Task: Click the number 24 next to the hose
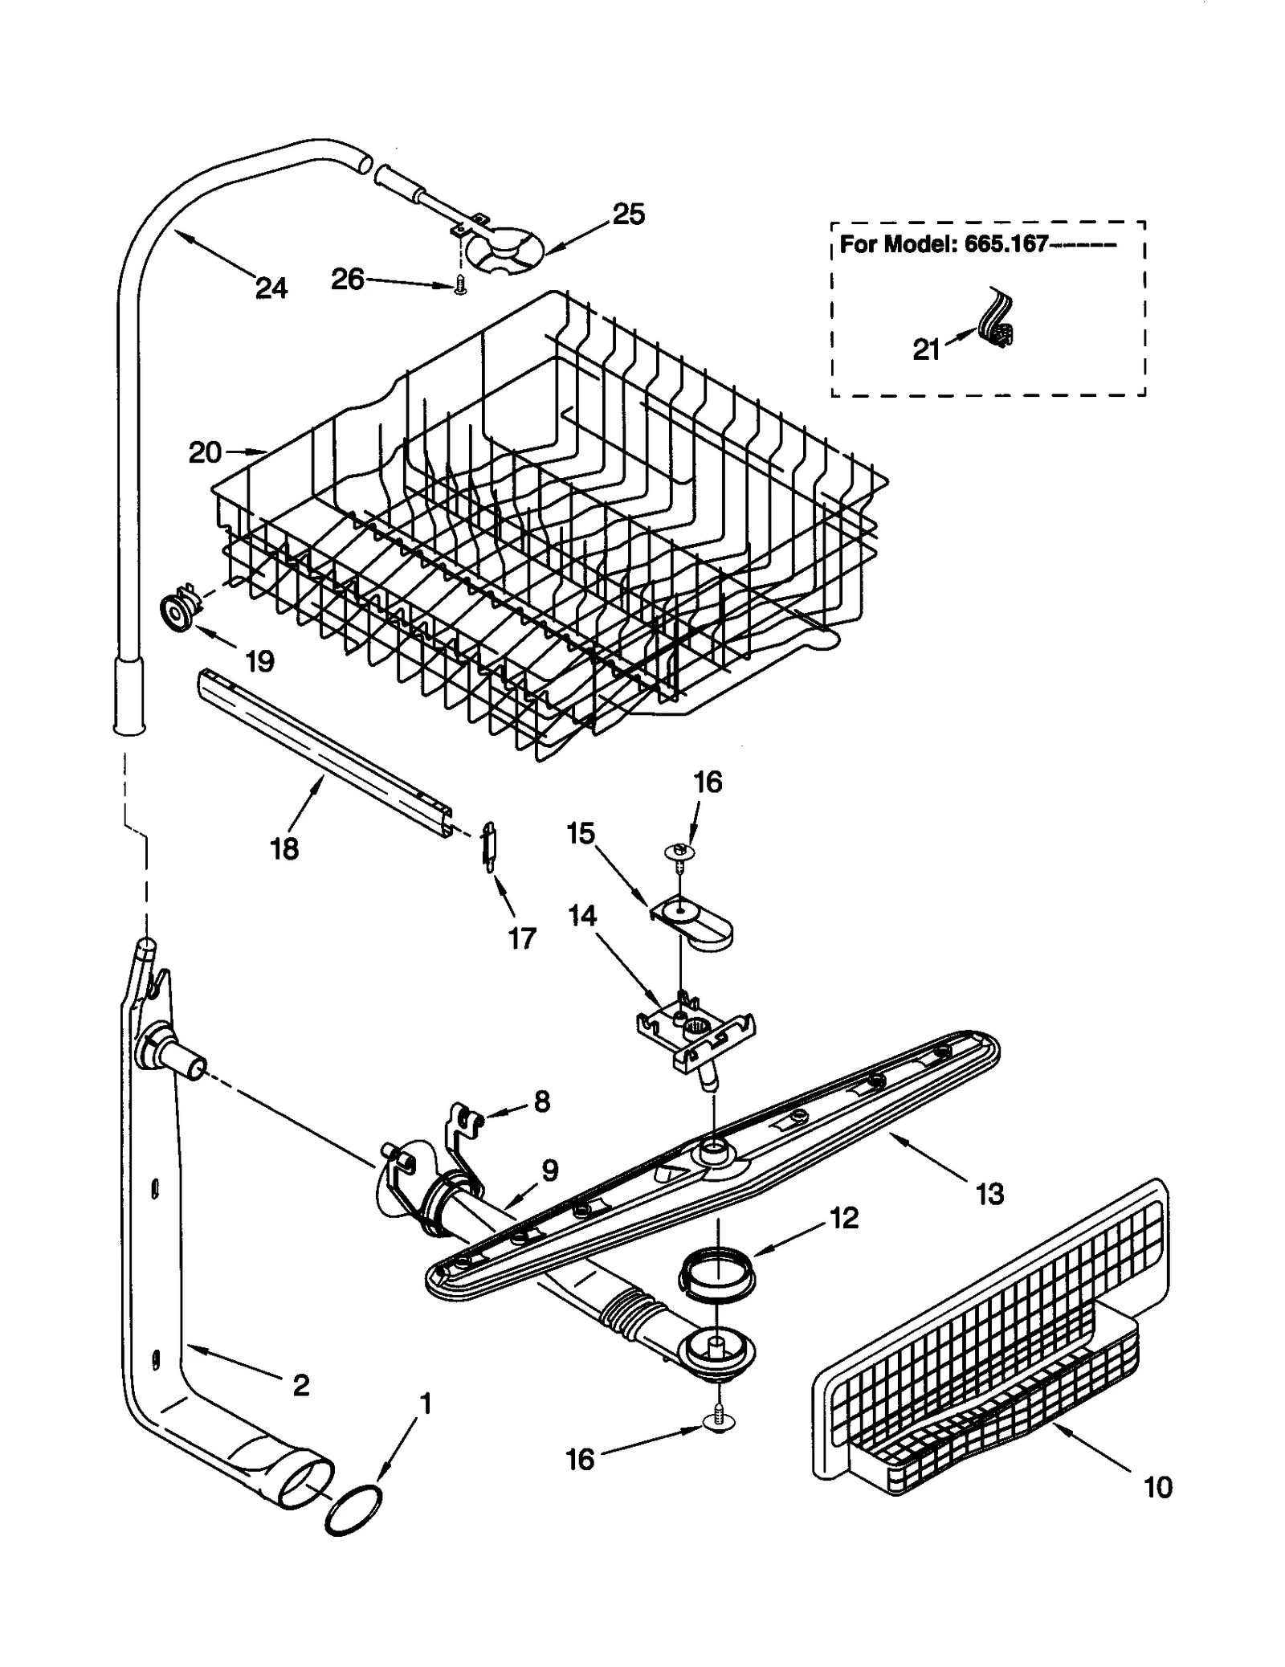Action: (271, 287)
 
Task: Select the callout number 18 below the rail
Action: (284, 848)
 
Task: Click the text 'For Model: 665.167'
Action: (944, 244)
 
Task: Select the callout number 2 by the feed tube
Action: (301, 1385)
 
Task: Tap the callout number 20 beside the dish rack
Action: (205, 452)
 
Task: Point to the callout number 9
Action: (549, 1171)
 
